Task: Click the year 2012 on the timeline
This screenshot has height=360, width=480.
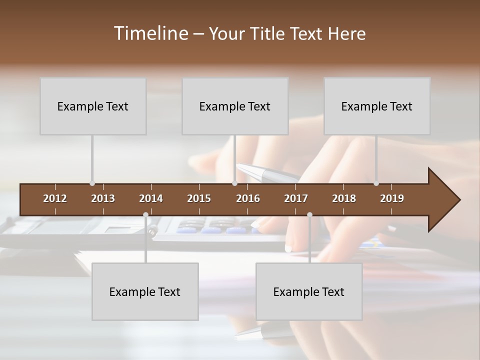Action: tap(55, 198)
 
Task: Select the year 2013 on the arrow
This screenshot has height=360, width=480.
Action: tap(103, 198)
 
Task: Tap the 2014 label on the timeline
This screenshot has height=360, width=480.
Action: tap(151, 198)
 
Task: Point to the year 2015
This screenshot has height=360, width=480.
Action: tap(199, 198)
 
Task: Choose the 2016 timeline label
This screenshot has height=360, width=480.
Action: tap(248, 198)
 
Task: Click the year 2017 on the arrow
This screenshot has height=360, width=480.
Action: tap(296, 198)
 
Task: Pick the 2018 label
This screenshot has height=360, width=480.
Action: tap(344, 198)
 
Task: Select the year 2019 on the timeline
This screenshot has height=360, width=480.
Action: tap(392, 198)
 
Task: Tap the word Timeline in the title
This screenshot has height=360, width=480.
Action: tap(150, 33)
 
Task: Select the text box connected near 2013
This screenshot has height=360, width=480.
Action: tap(93, 106)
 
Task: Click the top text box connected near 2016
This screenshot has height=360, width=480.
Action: tap(235, 106)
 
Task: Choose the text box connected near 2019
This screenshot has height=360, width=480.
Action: tap(377, 106)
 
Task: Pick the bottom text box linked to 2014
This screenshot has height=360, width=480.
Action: tap(145, 291)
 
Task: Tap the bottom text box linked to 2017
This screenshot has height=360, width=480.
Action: tap(309, 291)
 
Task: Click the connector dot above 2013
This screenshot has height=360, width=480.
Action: tap(92, 183)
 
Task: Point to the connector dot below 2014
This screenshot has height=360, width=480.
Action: tap(145, 215)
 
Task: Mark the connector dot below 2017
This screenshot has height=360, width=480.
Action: tap(309, 215)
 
